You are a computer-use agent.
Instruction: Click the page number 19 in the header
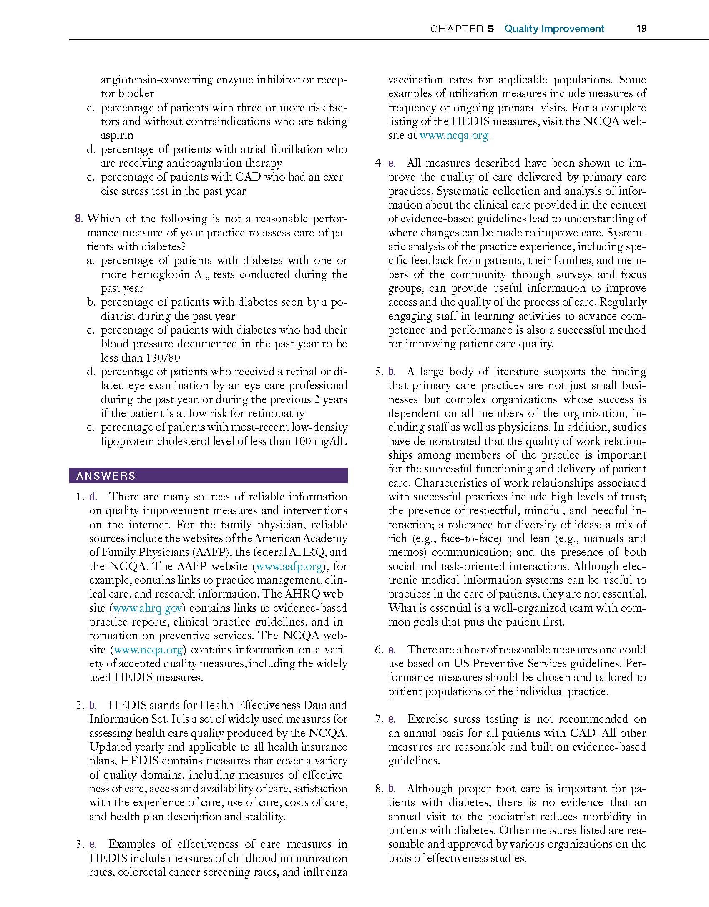pyautogui.click(x=641, y=29)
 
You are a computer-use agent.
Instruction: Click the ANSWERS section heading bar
pyautogui.click(x=208, y=476)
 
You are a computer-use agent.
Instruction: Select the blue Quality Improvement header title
pyautogui.click(x=554, y=29)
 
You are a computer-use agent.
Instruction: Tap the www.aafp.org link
pyautogui.click(x=289, y=566)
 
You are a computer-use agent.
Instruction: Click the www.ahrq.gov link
pyautogui.click(x=148, y=608)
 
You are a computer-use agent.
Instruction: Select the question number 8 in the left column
pyautogui.click(x=78, y=219)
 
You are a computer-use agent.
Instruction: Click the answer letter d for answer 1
pyautogui.click(x=93, y=497)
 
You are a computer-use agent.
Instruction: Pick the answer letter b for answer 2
pyautogui.click(x=93, y=705)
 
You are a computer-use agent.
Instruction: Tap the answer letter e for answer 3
pyautogui.click(x=93, y=844)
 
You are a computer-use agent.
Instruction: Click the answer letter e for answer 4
pyautogui.click(x=392, y=163)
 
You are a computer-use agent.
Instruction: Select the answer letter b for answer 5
pyautogui.click(x=392, y=372)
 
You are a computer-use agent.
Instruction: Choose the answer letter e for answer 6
pyautogui.click(x=392, y=650)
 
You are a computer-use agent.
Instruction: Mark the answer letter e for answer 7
pyautogui.click(x=392, y=719)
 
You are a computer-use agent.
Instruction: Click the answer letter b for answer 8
pyautogui.click(x=392, y=789)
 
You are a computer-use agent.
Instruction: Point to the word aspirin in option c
pyautogui.click(x=117, y=136)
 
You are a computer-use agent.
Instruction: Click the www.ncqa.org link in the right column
pyautogui.click(x=453, y=136)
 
